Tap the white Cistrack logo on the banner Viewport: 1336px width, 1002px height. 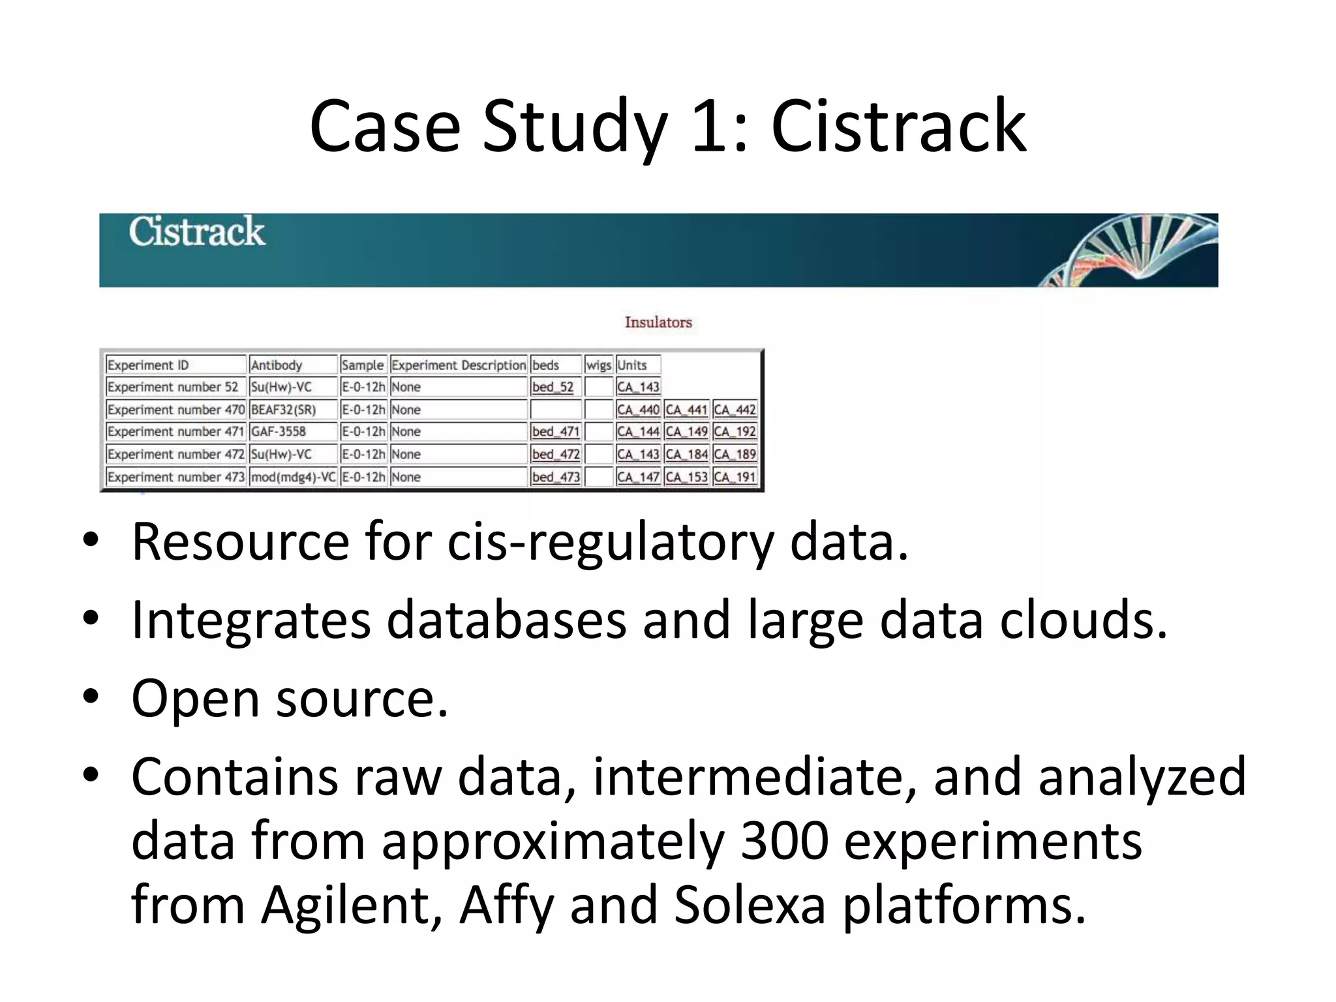pyautogui.click(x=196, y=232)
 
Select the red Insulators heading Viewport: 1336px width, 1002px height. pyautogui.click(x=658, y=322)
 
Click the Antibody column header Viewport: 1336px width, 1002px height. pyautogui.click(x=277, y=365)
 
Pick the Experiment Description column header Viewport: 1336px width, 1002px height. pyautogui.click(x=458, y=365)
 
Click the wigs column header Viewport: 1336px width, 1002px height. pyautogui.click(x=598, y=365)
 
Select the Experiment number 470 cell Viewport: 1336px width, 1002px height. pyautogui.click(x=175, y=410)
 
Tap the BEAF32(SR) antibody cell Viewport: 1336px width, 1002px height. pyautogui.click(x=283, y=410)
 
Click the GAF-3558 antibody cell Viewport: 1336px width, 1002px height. pyautogui.click(x=279, y=432)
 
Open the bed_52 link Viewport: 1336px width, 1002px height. pyautogui.click(x=553, y=387)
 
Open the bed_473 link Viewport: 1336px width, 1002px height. pyautogui.click(x=555, y=477)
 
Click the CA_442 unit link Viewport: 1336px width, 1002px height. pyautogui.click(x=735, y=410)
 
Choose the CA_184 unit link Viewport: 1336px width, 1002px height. pyautogui.click(x=686, y=454)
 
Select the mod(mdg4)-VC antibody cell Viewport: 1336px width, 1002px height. pyautogui.click(x=293, y=477)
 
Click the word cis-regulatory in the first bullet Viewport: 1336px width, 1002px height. pyautogui.click(x=610, y=541)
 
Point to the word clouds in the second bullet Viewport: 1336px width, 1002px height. pyautogui.click(x=1083, y=620)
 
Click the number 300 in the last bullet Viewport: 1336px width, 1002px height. pyautogui.click(x=785, y=841)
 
